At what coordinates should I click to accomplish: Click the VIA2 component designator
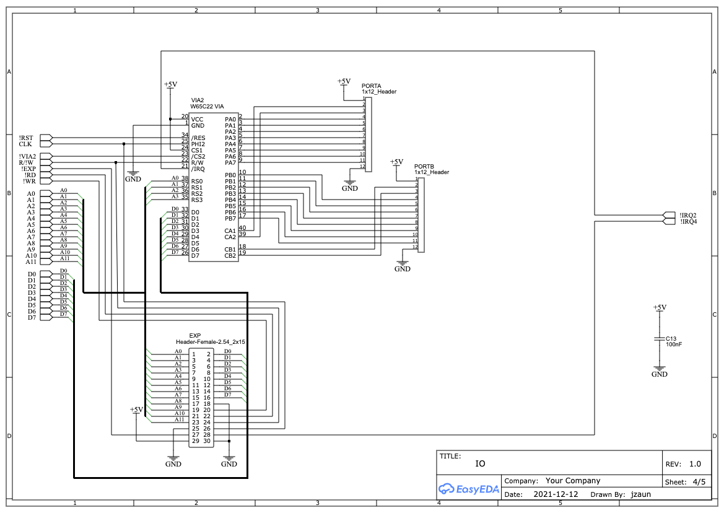(197, 100)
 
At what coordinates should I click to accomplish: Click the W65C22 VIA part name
(207, 107)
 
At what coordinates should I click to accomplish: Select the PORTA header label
(371, 85)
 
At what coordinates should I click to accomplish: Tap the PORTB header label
(424, 166)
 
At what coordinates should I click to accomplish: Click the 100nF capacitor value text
(674, 344)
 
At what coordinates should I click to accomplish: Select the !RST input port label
(26, 138)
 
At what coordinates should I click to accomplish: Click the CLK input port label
(25, 144)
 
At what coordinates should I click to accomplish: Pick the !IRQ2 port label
(688, 215)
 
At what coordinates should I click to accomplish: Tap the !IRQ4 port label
(688, 221)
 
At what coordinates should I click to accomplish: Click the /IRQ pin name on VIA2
(198, 169)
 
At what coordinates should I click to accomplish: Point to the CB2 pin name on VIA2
(230, 255)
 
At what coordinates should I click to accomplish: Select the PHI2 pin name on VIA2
(198, 144)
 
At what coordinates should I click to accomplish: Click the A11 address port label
(31, 262)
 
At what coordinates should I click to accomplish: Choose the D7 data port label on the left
(32, 318)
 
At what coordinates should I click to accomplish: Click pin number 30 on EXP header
(207, 441)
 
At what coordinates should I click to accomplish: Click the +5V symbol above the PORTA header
(344, 82)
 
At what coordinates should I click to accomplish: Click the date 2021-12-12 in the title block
(556, 494)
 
